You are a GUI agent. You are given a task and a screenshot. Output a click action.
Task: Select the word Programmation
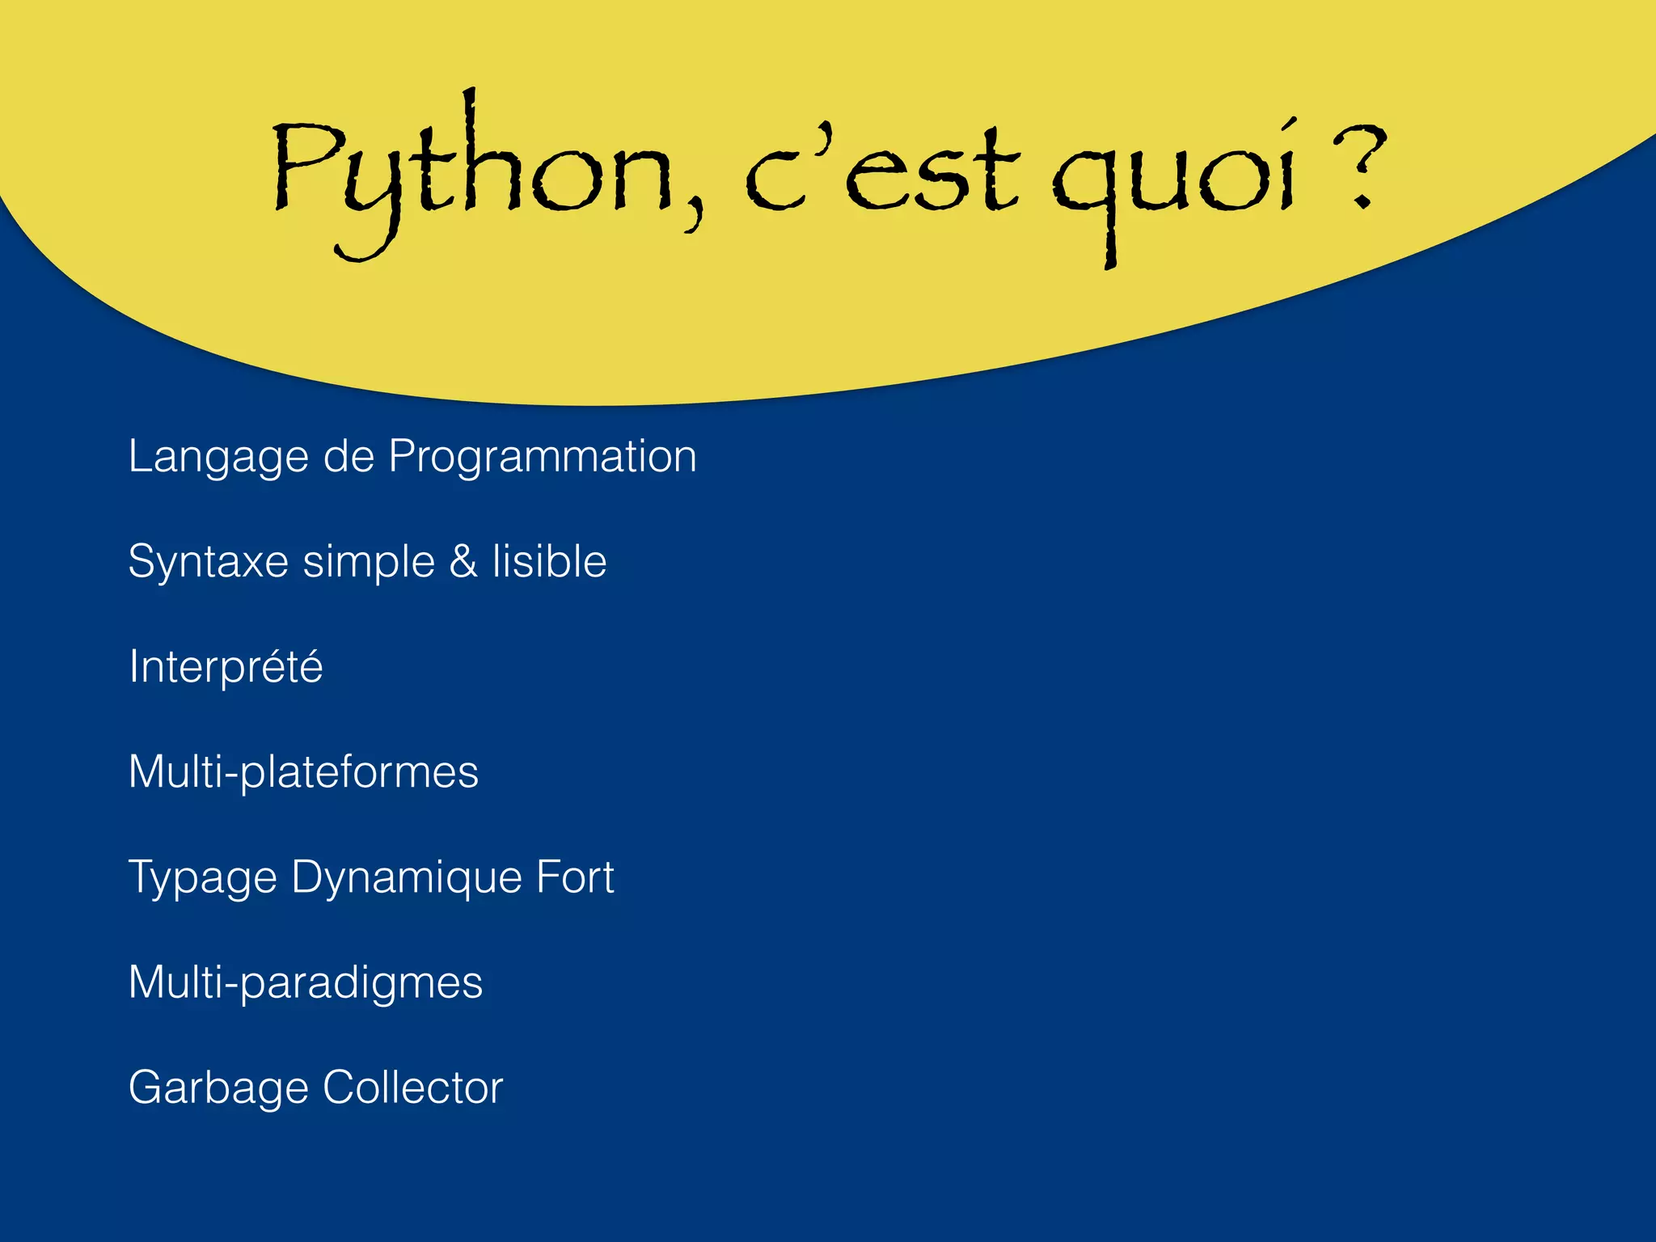click(x=543, y=457)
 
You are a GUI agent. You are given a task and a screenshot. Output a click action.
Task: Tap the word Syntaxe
click(x=208, y=562)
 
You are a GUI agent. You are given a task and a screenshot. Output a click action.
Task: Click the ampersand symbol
click(x=463, y=562)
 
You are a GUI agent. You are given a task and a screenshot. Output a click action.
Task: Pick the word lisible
click(x=549, y=562)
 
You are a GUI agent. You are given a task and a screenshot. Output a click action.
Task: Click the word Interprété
click(x=226, y=667)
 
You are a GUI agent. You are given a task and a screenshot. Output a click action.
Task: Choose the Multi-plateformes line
click(x=303, y=772)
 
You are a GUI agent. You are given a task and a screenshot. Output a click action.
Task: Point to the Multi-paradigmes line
click(x=305, y=983)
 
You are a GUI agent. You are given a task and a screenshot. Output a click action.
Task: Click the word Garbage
click(x=217, y=1088)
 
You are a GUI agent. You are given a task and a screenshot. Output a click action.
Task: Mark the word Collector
click(x=412, y=1088)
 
